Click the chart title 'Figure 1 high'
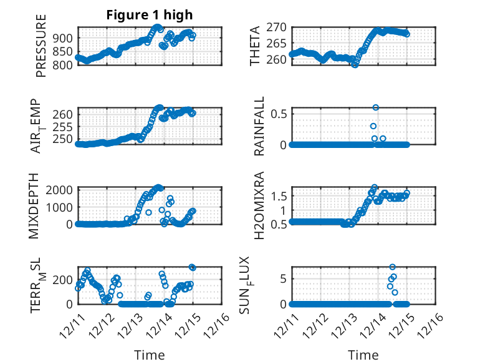[x=149, y=16]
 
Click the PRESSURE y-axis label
[x=41, y=47]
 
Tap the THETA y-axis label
[x=256, y=47]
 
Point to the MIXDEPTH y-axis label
[x=34, y=205]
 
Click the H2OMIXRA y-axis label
[x=259, y=205]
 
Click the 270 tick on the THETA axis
[x=279, y=27]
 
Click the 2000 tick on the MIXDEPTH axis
[x=62, y=189]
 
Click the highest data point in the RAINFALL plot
[x=375, y=107]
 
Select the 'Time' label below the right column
[x=363, y=355]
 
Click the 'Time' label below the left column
[x=150, y=355]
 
